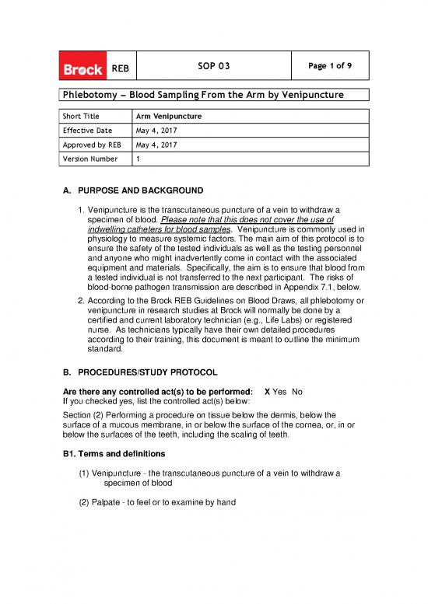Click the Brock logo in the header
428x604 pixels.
(82, 69)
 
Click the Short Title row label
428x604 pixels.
(80, 117)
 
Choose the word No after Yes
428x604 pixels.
(297, 391)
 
